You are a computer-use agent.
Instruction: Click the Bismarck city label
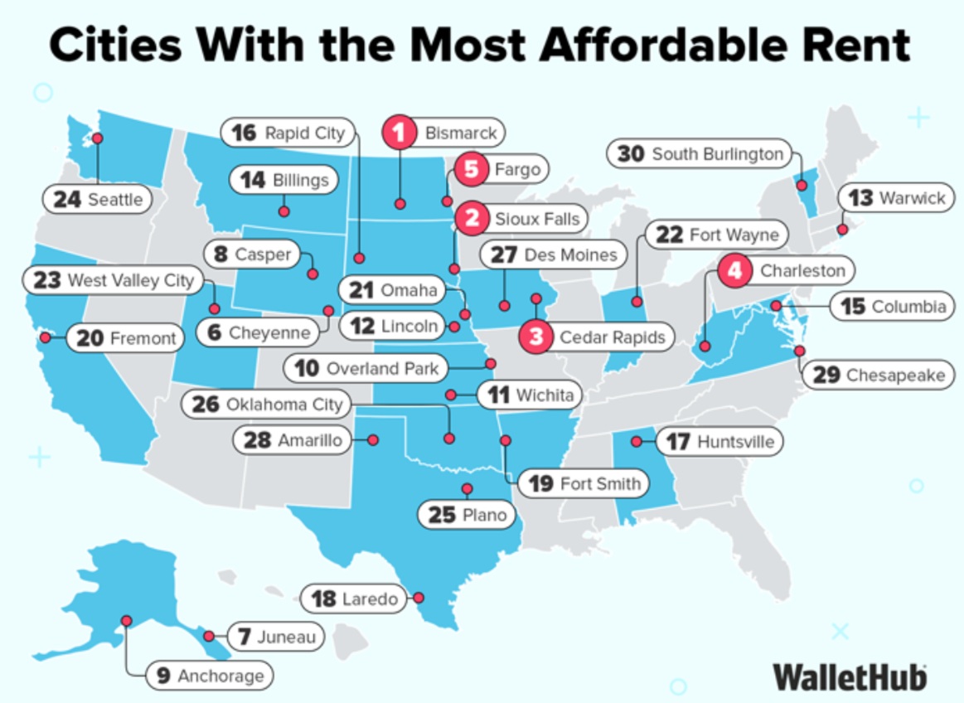click(x=460, y=133)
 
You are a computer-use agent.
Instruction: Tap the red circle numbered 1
click(x=400, y=133)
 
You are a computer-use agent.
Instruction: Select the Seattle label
click(x=98, y=200)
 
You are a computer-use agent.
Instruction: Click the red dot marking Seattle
click(x=97, y=138)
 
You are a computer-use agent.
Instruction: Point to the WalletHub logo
click(x=850, y=676)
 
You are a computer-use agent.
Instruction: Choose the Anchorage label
click(x=209, y=676)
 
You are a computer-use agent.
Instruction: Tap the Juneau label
click(x=274, y=637)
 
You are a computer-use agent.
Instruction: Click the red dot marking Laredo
click(x=419, y=597)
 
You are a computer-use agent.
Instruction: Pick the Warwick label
click(x=897, y=198)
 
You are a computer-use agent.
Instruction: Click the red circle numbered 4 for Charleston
click(x=735, y=270)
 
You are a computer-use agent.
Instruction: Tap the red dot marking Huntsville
click(x=637, y=441)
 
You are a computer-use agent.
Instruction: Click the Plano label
click(x=468, y=515)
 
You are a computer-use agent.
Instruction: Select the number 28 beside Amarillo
click(x=257, y=440)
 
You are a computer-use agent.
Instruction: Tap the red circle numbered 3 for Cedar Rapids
click(x=536, y=337)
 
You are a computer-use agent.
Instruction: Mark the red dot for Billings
click(x=283, y=211)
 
